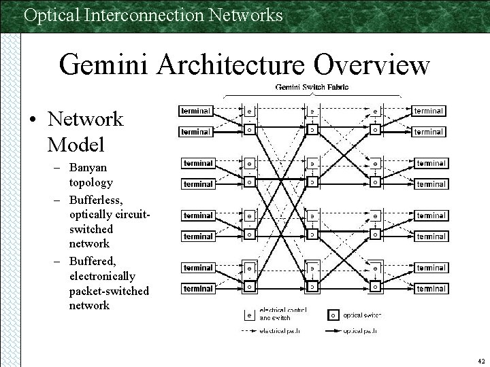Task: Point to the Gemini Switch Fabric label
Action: click(x=312, y=87)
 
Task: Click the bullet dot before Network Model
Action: click(x=33, y=120)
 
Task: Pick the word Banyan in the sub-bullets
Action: click(x=88, y=167)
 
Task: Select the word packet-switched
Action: click(x=109, y=291)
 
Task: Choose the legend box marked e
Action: click(x=249, y=315)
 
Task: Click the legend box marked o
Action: click(x=333, y=315)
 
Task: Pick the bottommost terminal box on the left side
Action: click(x=197, y=289)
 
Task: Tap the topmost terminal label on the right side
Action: click(x=429, y=110)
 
